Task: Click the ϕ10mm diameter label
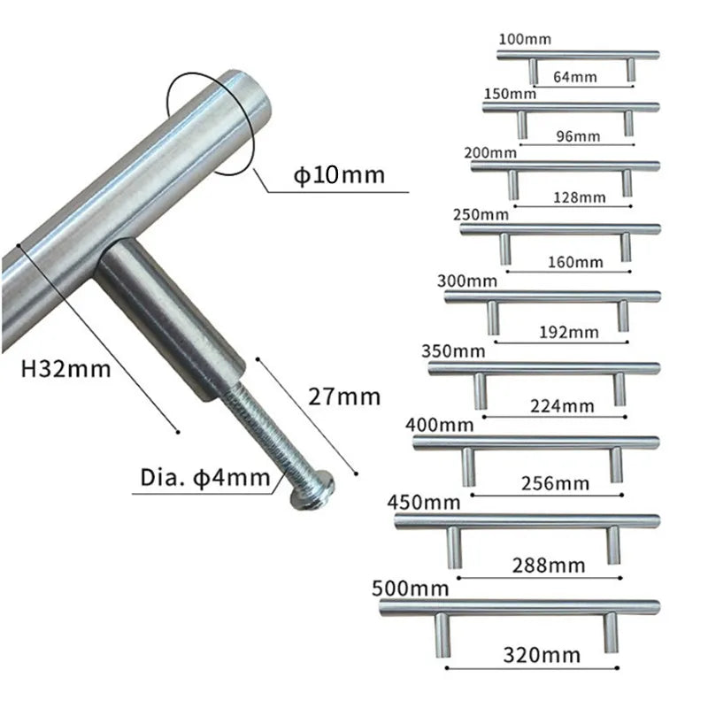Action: [339, 174]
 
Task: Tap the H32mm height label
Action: [65, 369]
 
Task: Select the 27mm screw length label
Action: [344, 396]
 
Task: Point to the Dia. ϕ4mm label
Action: [205, 478]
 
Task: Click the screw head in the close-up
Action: [312, 490]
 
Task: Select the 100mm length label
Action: [525, 39]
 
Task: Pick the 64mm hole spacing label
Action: [574, 77]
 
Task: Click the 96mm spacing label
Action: [578, 136]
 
